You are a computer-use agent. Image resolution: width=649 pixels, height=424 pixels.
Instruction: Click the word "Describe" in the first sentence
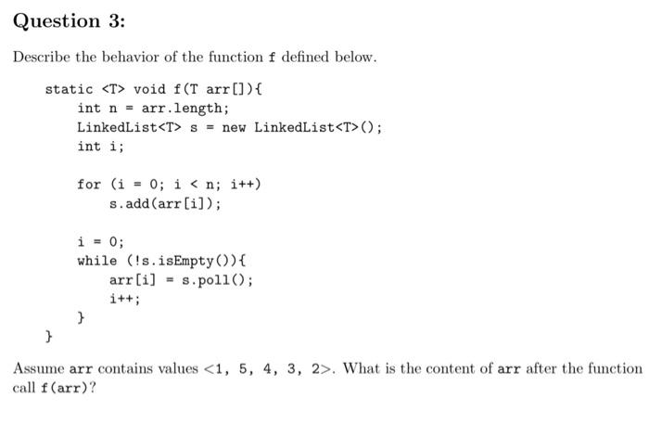pyautogui.click(x=41, y=58)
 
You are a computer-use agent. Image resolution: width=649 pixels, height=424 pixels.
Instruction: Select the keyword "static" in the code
pyautogui.click(x=69, y=90)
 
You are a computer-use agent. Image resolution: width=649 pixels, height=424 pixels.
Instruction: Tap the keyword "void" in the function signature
pyautogui.click(x=149, y=90)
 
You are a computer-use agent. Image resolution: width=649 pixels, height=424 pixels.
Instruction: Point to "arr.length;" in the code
pyautogui.click(x=182, y=109)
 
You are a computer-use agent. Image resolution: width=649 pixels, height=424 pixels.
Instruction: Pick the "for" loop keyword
pyautogui.click(x=89, y=184)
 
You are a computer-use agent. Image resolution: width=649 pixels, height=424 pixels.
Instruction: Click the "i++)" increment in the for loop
pyautogui.click(x=245, y=184)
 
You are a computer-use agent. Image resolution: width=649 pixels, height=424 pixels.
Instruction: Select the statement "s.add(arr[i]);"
pyautogui.click(x=165, y=203)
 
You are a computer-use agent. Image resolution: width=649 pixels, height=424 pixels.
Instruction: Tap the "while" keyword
pyautogui.click(x=97, y=261)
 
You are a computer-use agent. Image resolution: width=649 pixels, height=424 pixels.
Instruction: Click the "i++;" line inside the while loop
pyautogui.click(x=125, y=299)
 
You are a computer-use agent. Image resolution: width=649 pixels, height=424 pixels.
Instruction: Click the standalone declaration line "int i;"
pyautogui.click(x=101, y=147)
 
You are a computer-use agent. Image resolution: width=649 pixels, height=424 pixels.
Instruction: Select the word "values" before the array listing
pyautogui.click(x=178, y=368)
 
